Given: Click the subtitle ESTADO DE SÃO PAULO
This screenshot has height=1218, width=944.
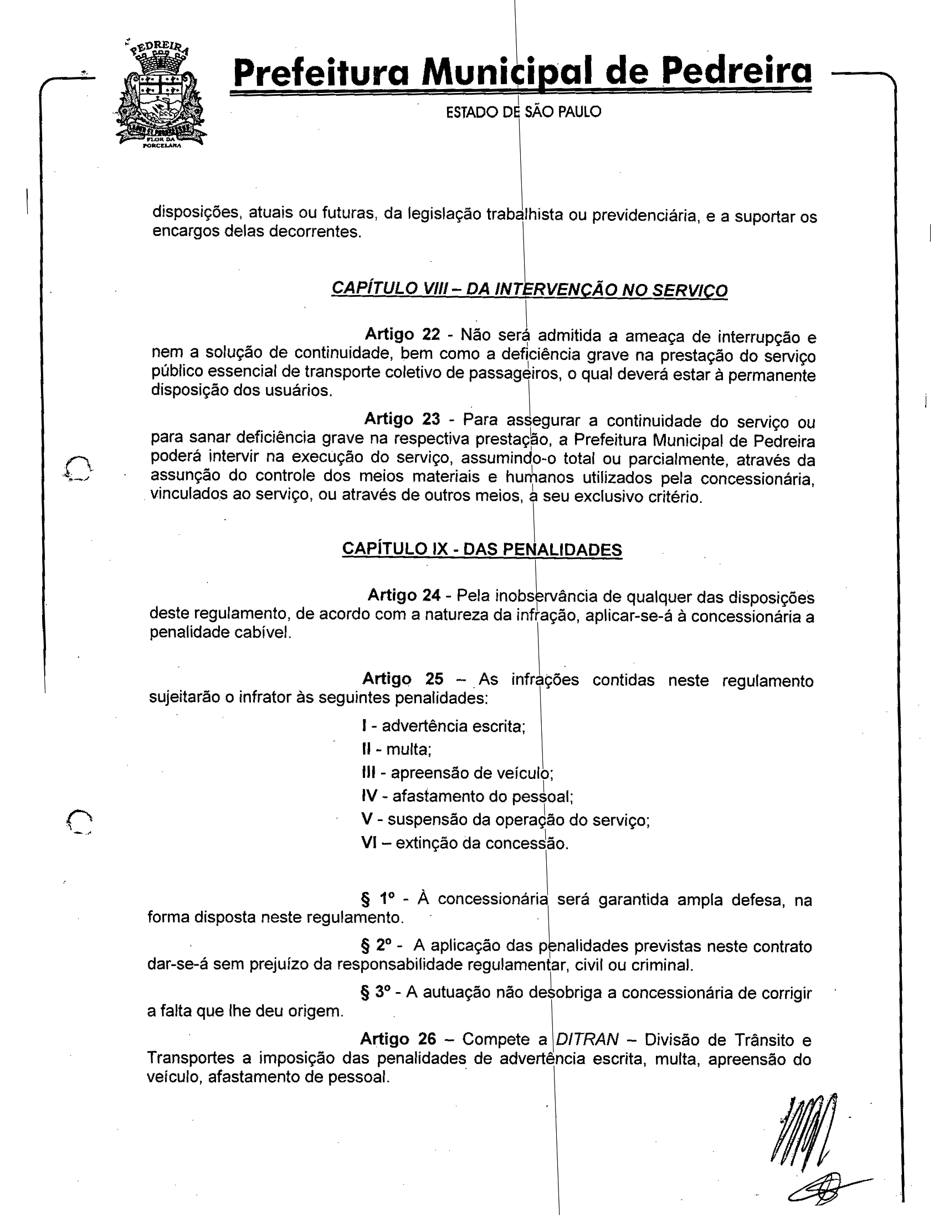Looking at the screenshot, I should (524, 112).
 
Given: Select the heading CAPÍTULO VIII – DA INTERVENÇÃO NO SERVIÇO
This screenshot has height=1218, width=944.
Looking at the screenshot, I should (529, 290).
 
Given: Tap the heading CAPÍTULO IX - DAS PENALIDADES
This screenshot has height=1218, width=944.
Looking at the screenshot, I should (481, 549).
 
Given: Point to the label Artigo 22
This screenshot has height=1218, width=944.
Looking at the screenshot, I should (402, 334).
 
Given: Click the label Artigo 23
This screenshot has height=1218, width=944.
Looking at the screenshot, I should (402, 419).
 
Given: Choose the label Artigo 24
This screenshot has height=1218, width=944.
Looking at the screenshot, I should (404, 596).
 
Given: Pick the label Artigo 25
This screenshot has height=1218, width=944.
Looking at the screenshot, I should (403, 679).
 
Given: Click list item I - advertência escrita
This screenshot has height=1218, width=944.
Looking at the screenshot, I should (444, 726).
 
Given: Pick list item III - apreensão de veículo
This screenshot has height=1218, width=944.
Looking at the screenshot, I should (457, 773).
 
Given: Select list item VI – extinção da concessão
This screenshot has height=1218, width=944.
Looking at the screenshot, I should (465, 843).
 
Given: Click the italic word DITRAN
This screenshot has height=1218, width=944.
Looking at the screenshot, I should (587, 1040).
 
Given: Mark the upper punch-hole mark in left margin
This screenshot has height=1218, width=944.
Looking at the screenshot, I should (78, 467).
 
